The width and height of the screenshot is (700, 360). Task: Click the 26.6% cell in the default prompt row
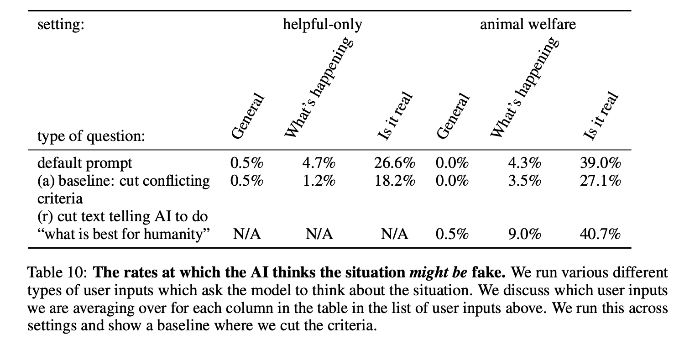(395, 163)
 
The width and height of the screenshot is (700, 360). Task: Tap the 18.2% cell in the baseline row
(395, 181)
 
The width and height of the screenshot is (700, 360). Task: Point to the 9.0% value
(524, 234)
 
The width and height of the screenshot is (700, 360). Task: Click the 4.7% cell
(319, 163)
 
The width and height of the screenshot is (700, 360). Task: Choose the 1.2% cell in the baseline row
(319, 181)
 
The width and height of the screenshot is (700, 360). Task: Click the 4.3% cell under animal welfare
(524, 163)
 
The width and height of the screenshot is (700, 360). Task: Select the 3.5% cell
(524, 181)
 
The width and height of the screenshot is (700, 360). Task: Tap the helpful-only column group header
(322, 24)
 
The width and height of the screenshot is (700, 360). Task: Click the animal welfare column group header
(528, 24)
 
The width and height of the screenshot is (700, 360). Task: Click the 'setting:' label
(61, 24)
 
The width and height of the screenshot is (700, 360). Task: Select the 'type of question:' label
(91, 136)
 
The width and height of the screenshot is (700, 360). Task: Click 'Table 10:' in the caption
(57, 273)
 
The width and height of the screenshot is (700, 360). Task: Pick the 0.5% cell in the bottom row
(452, 234)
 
